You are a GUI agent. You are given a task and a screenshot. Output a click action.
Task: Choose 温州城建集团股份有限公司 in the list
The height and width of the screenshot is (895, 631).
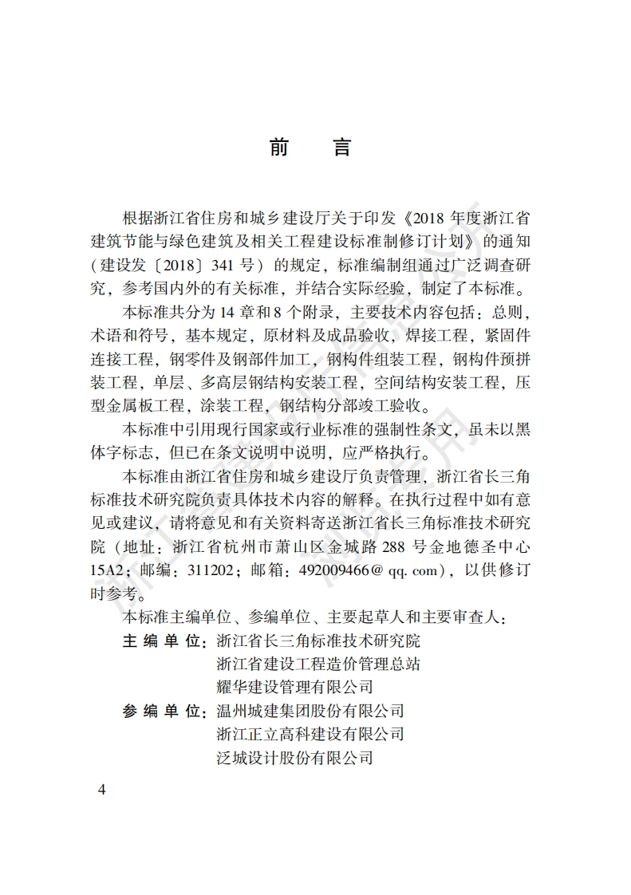point(310,711)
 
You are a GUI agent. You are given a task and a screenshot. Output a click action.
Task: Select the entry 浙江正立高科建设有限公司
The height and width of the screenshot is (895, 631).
point(310,734)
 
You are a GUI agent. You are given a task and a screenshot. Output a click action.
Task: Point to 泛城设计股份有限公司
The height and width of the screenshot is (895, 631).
point(294,757)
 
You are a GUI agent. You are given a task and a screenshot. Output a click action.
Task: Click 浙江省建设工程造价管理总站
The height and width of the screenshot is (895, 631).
point(318,664)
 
